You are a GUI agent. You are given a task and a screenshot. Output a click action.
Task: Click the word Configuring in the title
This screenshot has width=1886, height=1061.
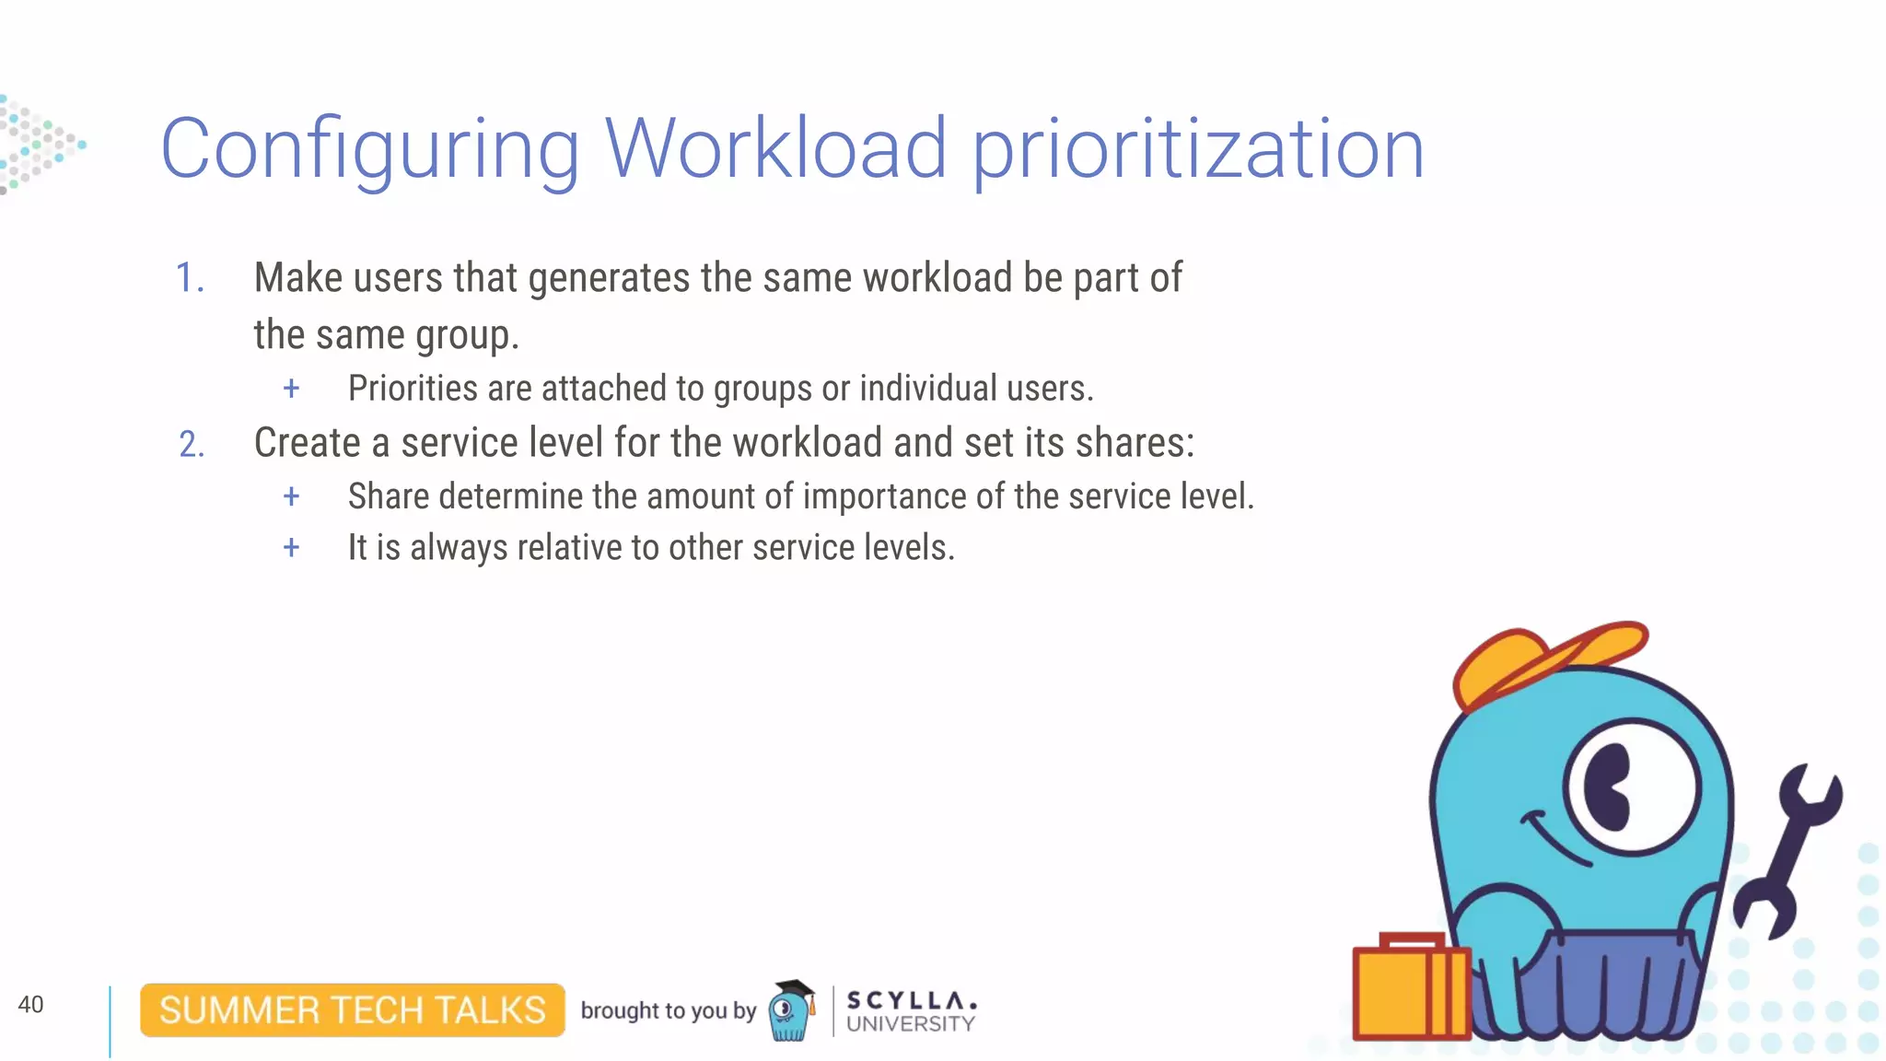click(x=368, y=150)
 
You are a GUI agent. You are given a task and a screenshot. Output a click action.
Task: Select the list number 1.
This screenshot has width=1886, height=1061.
click(x=189, y=278)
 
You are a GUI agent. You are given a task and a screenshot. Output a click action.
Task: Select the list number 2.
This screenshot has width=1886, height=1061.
click(x=191, y=445)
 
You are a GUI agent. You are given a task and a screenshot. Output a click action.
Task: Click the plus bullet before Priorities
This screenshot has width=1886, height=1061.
click(x=291, y=389)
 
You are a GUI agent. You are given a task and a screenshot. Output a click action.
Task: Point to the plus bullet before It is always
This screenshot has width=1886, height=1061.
click(x=291, y=548)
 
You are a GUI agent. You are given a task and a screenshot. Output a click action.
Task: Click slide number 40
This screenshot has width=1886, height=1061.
click(x=30, y=1005)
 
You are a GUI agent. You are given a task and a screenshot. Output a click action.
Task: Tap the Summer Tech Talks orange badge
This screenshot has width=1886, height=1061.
click(x=352, y=1010)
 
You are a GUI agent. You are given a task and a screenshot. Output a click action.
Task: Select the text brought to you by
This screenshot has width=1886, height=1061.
click(x=668, y=1011)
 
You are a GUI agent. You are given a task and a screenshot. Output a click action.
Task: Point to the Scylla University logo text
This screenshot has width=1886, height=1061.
click(x=910, y=1012)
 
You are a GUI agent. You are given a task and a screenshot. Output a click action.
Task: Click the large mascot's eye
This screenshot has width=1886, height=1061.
click(x=1630, y=787)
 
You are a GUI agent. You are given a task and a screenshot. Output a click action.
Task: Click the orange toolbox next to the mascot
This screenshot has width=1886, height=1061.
click(x=1409, y=990)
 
